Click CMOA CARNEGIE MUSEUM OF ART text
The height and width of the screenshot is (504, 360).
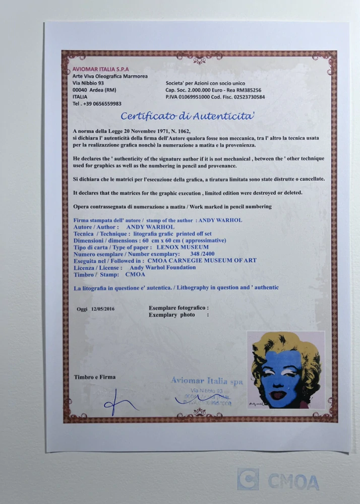(202, 261)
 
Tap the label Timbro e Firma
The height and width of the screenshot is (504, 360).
(94, 377)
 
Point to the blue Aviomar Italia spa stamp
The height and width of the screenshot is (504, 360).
(207, 382)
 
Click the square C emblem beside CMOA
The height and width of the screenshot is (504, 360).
(248, 480)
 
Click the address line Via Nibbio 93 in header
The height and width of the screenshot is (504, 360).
(88, 83)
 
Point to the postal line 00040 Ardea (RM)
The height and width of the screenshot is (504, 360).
(95, 90)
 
